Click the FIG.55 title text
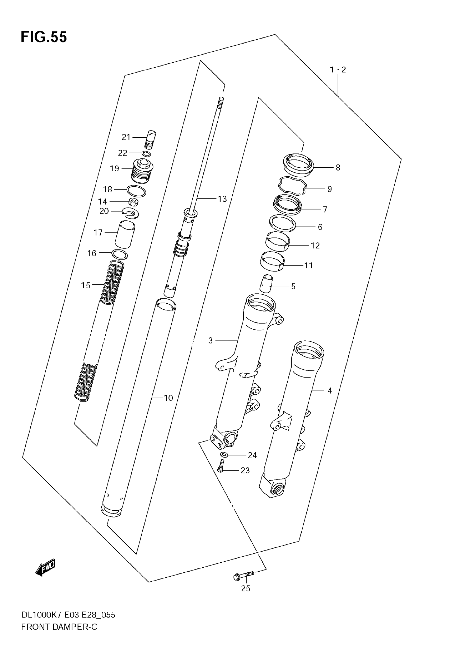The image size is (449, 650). [x=44, y=37]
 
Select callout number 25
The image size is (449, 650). [x=245, y=588]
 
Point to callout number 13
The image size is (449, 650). [x=222, y=199]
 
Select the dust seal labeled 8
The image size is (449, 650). [x=298, y=165]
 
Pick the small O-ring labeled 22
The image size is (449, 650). [x=146, y=154]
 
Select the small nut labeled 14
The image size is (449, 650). [x=133, y=202]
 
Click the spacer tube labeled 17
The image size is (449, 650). [x=125, y=234]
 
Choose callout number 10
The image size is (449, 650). [x=168, y=398]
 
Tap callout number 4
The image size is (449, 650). [x=330, y=390]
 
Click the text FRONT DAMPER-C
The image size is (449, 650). [x=59, y=627]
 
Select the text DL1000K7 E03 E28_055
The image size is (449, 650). [x=68, y=615]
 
